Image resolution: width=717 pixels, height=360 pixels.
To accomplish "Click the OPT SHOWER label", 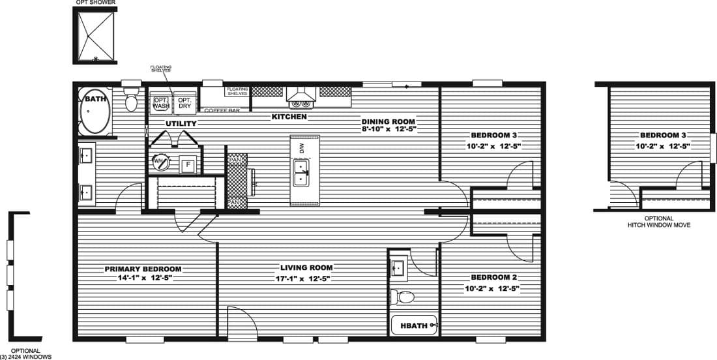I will [96, 3].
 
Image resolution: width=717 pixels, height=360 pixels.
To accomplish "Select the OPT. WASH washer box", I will [161, 103].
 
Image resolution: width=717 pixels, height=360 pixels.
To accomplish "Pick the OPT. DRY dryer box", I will [185, 103].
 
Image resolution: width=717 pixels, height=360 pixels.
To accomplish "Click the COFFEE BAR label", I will [222, 110].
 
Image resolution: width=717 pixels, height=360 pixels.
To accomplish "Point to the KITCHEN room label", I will [289, 117].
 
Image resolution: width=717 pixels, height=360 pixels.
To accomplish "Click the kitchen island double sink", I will [301, 172].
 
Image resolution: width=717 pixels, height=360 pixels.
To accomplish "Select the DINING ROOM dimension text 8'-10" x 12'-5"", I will [389, 129].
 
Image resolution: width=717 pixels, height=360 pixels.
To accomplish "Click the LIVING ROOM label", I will [306, 267].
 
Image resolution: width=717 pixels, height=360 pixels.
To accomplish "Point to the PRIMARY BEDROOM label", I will [143, 269].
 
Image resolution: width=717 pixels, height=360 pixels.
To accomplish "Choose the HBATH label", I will [413, 325].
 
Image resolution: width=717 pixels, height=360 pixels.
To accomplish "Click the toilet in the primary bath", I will [132, 102].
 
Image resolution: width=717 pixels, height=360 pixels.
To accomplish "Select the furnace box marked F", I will [188, 164].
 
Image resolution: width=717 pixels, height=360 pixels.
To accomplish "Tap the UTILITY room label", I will [181, 123].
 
